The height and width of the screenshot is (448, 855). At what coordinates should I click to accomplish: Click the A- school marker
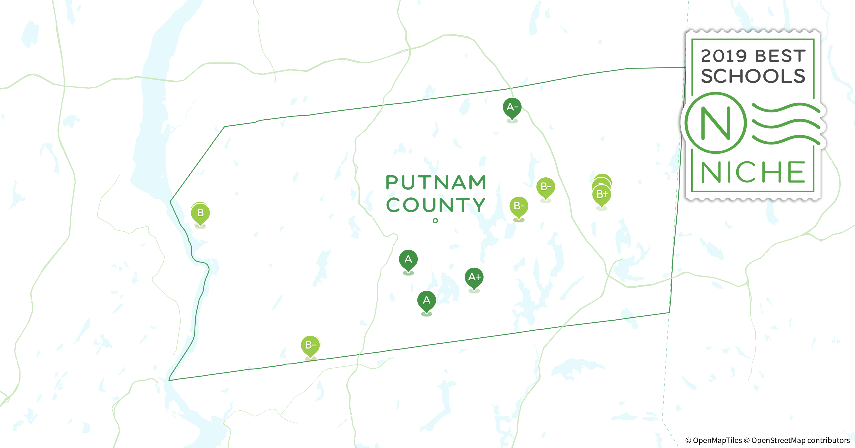pos(512,107)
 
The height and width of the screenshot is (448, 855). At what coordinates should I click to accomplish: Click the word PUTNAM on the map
pos(436,182)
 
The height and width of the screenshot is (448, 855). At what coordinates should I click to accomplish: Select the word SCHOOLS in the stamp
pos(753,76)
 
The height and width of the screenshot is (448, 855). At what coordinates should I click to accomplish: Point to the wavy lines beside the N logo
pos(785,124)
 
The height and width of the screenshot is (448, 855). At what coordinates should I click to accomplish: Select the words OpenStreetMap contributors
pos(800,440)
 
